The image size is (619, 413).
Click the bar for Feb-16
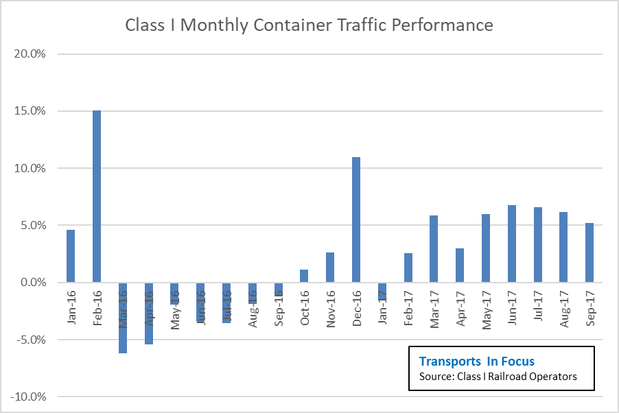click(x=97, y=196)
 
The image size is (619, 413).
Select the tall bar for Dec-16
click(x=356, y=220)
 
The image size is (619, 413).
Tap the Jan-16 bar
click(x=71, y=256)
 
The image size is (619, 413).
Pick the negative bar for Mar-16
click(x=123, y=318)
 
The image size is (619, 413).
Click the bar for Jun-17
click(x=512, y=244)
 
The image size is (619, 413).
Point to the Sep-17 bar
click(x=589, y=252)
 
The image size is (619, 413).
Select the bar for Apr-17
click(x=460, y=265)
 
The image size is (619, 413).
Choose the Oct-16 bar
click(x=304, y=276)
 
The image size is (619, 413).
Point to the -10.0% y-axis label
click(x=27, y=397)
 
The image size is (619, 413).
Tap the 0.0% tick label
click(x=31, y=282)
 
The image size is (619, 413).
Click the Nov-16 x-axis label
click(x=330, y=311)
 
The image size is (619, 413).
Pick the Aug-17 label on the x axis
click(x=563, y=311)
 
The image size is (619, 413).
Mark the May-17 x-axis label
click(x=486, y=311)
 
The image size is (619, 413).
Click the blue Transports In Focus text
click(x=476, y=361)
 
